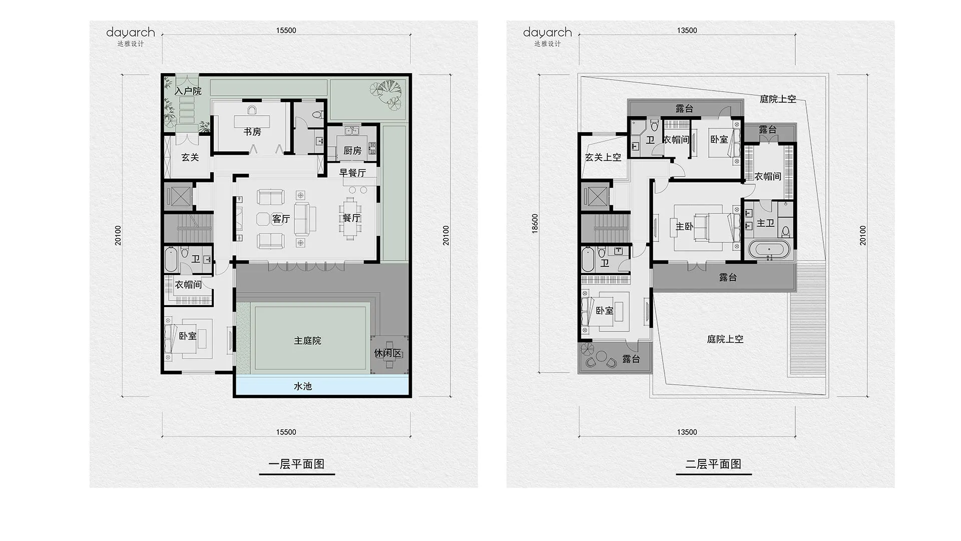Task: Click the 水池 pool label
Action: pos(303,386)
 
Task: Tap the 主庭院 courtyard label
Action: pos(307,341)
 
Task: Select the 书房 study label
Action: pos(252,132)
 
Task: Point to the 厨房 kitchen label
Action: pos(352,150)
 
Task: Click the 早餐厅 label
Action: pos(353,173)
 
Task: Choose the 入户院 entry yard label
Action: pos(188,91)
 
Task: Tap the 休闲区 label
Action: pos(388,353)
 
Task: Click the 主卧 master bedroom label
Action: pos(684,226)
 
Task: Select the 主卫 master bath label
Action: pos(765,223)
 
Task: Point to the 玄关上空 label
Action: pos(603,157)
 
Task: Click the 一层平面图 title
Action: pos(296,464)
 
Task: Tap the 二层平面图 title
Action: pos(713,464)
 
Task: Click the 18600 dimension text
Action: pos(535,223)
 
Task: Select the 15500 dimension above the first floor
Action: pos(286,30)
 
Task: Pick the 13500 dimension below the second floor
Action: pos(687,432)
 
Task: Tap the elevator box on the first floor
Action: pos(178,196)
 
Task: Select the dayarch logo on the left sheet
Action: pos(131,33)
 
